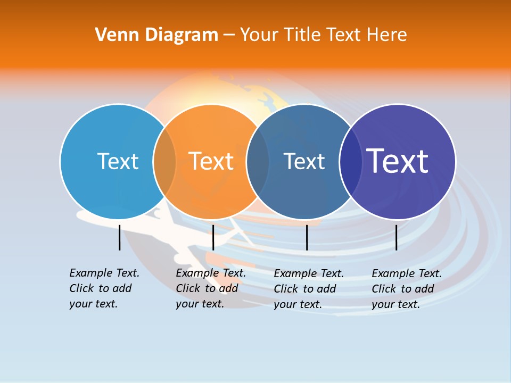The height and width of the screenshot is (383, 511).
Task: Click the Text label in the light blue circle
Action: pyautogui.click(x=118, y=161)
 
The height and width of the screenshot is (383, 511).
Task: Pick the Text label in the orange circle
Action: pyautogui.click(x=211, y=161)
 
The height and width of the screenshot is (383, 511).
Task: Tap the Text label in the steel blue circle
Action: pyautogui.click(x=304, y=161)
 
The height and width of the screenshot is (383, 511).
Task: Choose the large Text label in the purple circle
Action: pyautogui.click(x=397, y=161)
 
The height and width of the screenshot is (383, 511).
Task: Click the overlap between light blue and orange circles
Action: pyautogui.click(x=164, y=161)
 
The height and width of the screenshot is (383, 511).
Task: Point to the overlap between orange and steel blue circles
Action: pyautogui.click(x=258, y=161)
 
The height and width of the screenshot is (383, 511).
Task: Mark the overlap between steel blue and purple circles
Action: pyautogui.click(x=350, y=161)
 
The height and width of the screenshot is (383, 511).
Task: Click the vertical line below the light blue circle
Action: pyautogui.click(x=119, y=237)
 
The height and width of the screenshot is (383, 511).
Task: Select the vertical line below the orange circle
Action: pyautogui.click(x=213, y=237)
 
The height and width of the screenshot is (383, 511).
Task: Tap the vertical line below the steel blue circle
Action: pyautogui.click(x=307, y=237)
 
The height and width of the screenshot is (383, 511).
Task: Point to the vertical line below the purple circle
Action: pyautogui.click(x=396, y=237)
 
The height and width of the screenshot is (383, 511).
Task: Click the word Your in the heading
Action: pyautogui.click(x=259, y=35)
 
